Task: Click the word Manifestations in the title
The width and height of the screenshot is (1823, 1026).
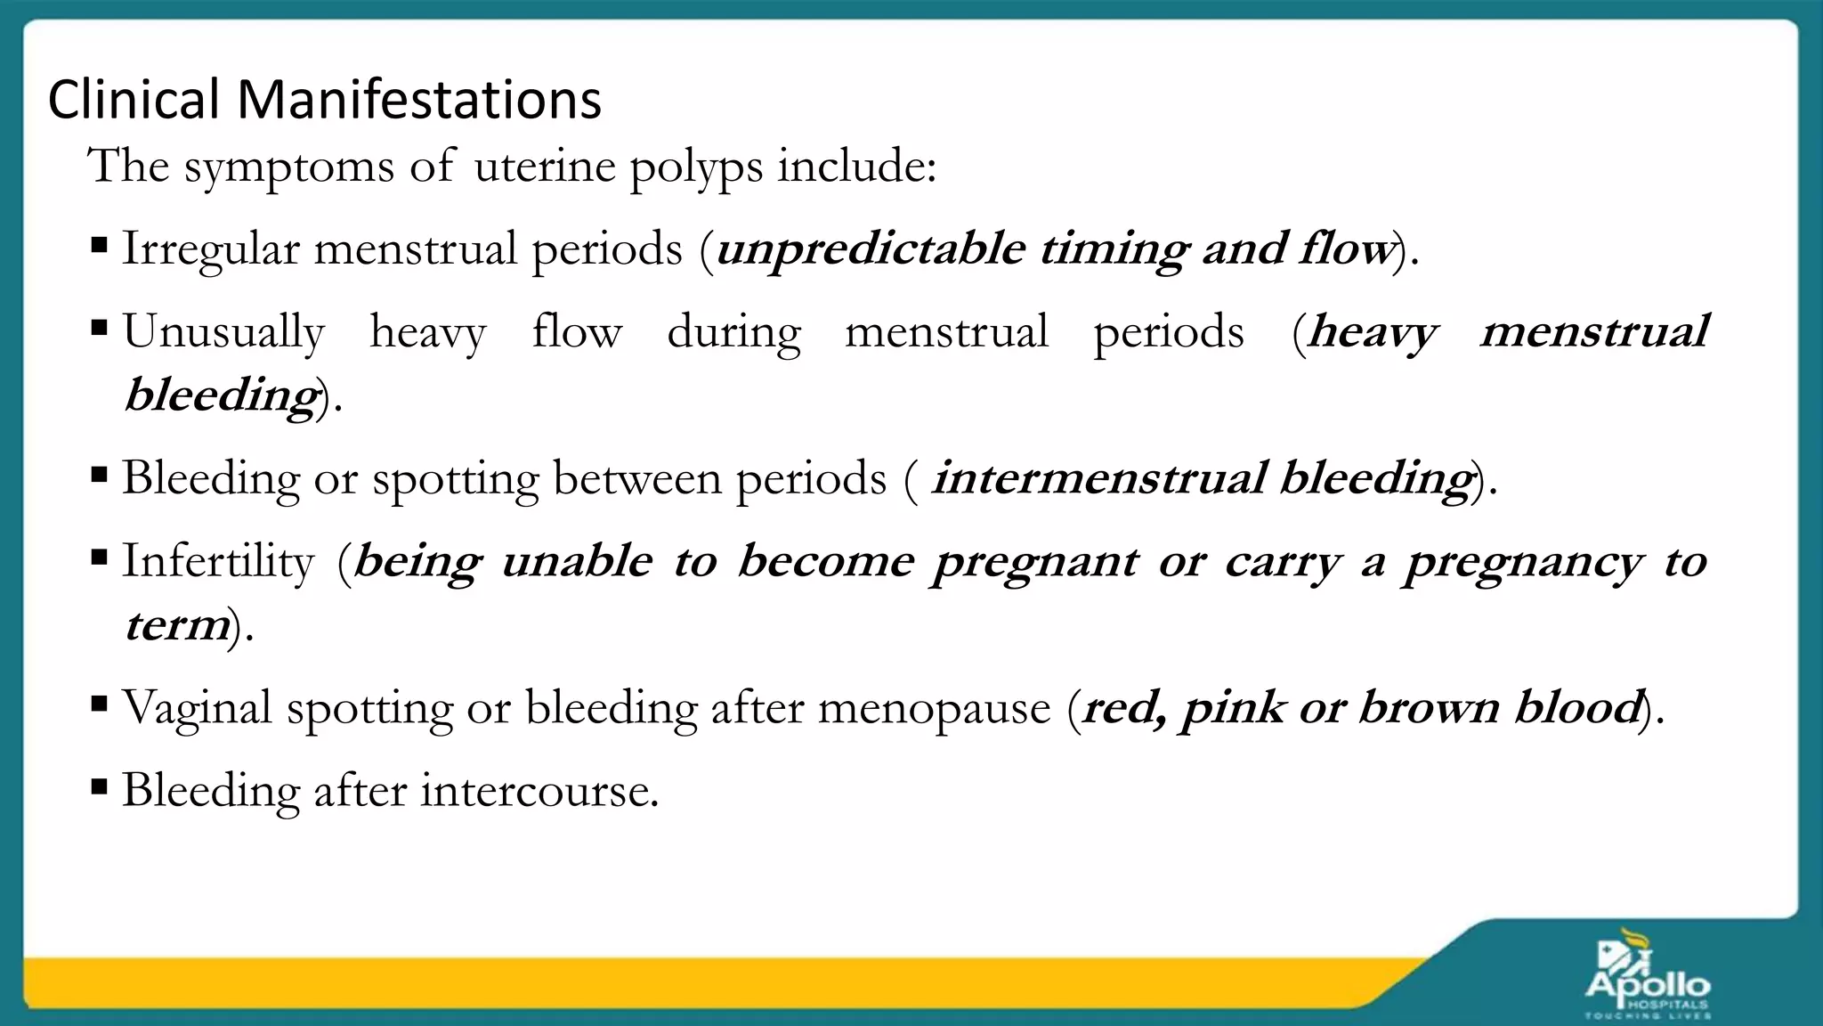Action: tap(418, 99)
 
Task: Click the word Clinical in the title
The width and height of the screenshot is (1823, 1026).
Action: tap(134, 99)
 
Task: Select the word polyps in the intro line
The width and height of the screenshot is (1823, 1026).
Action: tap(696, 168)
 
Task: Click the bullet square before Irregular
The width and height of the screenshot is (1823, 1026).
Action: tap(100, 244)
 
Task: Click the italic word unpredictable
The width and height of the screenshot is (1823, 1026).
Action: tap(871, 249)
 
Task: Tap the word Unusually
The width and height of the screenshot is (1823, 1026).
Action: tap(223, 333)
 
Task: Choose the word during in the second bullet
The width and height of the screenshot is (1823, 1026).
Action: tap(733, 333)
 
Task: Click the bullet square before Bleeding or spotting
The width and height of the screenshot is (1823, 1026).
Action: tap(100, 474)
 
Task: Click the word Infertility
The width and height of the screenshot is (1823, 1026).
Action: tap(218, 562)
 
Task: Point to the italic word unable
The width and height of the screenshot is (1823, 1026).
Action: tap(576, 562)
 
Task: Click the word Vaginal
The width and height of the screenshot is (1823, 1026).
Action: tap(197, 709)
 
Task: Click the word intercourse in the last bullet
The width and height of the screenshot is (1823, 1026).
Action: tap(539, 791)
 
